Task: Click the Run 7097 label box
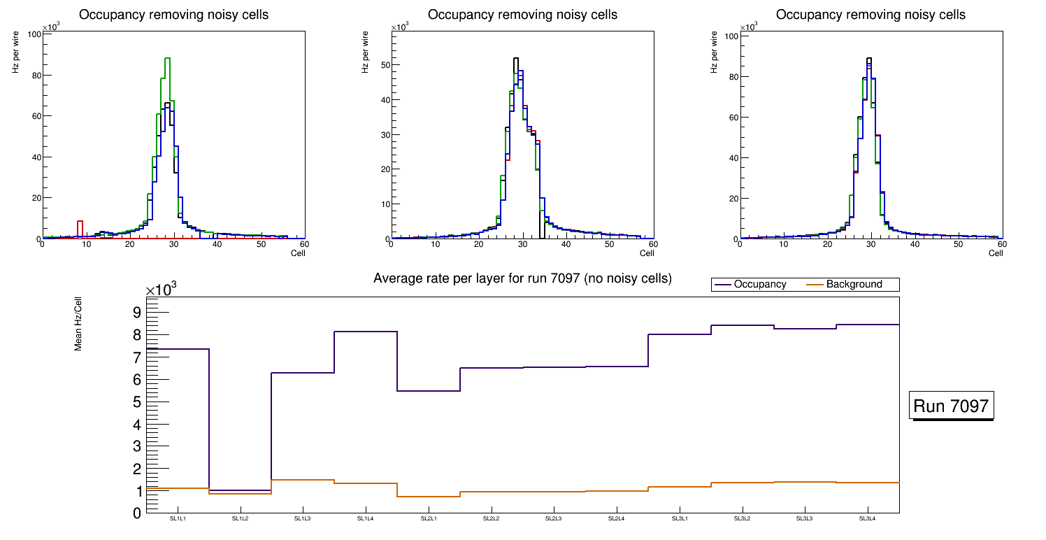pyautogui.click(x=952, y=406)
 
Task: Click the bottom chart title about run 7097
pyautogui.click(x=522, y=278)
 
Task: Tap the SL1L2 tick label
pyautogui.click(x=240, y=518)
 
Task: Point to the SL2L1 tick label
pyautogui.click(x=428, y=518)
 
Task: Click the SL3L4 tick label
pyautogui.click(x=867, y=518)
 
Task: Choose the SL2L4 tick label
pyautogui.click(x=616, y=518)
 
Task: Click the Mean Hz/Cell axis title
pyautogui.click(x=78, y=327)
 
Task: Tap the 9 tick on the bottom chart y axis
pyautogui.click(x=137, y=312)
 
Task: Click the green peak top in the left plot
pyautogui.click(x=167, y=58)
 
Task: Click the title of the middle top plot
pyautogui.click(x=522, y=15)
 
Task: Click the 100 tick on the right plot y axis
pyautogui.click(x=727, y=36)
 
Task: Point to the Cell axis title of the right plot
pyautogui.click(x=995, y=253)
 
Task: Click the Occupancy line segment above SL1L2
pyautogui.click(x=240, y=490)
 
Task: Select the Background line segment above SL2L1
pyautogui.click(x=428, y=497)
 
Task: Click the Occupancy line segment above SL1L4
pyautogui.click(x=365, y=332)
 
